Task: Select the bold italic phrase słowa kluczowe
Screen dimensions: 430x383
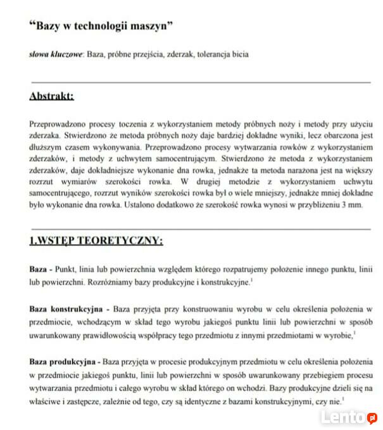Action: coord(56,54)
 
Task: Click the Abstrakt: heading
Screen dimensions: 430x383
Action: coord(51,97)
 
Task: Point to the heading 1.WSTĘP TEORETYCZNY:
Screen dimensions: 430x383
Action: coord(96,240)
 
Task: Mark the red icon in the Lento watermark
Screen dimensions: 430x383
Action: coord(373,418)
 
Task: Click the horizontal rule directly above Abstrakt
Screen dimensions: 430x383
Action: coord(201,82)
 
